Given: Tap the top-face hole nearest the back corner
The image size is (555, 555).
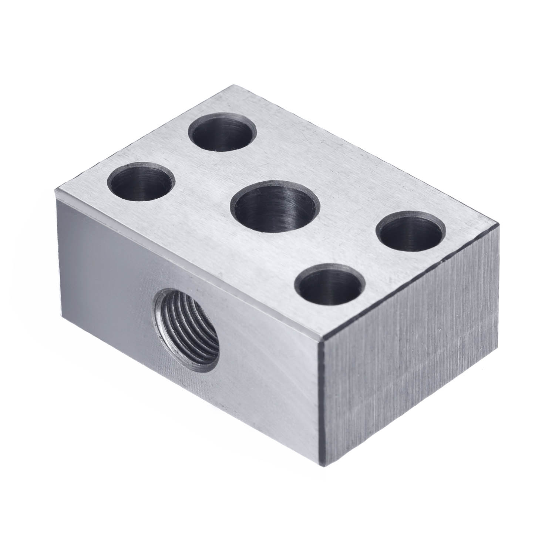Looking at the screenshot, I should pyautogui.click(x=222, y=132).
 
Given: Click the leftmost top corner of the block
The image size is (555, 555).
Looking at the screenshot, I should pyautogui.click(x=55, y=189).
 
